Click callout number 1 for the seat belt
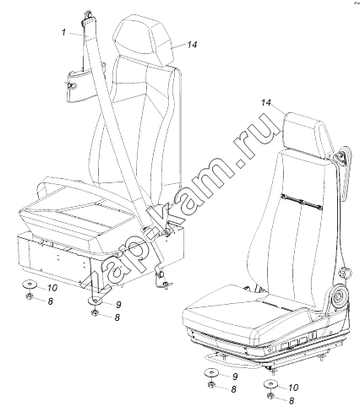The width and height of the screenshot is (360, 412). (64, 33)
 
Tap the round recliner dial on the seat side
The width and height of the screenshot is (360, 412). (338, 298)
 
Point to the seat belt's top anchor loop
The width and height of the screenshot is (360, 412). (87, 15)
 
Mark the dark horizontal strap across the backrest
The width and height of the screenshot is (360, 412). (301, 202)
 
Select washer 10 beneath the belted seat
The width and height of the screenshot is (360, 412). (30, 285)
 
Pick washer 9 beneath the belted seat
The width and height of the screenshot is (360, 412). (96, 301)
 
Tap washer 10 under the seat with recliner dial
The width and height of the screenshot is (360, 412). (270, 384)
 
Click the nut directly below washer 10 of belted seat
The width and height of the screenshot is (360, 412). (29, 296)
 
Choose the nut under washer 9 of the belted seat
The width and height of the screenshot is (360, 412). (95, 312)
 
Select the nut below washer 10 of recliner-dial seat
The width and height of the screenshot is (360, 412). (271, 396)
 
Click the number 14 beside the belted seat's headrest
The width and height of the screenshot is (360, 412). (192, 45)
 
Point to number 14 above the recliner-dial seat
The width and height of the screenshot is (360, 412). (265, 103)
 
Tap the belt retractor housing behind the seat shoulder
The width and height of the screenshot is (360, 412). (345, 168)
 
